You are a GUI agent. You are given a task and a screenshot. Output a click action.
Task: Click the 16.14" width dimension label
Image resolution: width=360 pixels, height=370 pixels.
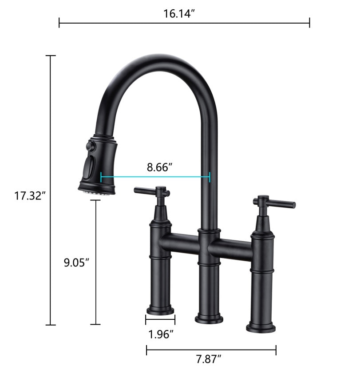[179, 13]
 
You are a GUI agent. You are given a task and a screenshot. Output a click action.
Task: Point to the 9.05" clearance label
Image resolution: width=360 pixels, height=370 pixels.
[76, 262]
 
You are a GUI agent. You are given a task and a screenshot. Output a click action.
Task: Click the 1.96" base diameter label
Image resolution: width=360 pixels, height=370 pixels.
[160, 334]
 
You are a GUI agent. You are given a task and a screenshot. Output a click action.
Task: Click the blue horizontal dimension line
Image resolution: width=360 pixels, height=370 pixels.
[155, 177]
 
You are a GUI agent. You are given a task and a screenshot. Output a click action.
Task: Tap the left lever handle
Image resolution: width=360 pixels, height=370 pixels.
[151, 192]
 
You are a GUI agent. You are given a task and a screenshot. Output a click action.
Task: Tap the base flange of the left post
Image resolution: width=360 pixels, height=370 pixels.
[160, 308]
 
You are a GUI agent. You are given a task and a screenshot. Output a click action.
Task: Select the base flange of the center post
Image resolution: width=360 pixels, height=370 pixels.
[209, 318]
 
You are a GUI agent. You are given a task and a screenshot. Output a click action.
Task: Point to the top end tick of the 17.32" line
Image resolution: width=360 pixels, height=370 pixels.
[51, 56]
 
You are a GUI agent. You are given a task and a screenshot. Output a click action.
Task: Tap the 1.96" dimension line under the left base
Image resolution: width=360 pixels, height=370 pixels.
[160, 319]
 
